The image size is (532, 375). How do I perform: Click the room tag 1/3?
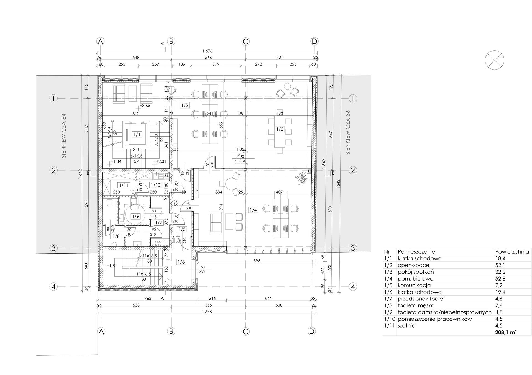(280, 129)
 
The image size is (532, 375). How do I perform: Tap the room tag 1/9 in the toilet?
(135, 216)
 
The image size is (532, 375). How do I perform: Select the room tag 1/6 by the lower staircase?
(181, 262)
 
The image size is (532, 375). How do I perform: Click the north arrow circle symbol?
(494, 60)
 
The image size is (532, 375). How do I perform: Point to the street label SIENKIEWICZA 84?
(64, 136)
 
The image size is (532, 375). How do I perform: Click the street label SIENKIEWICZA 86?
(348, 132)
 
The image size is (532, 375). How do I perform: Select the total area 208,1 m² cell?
(506, 332)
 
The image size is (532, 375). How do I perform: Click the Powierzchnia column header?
(512, 252)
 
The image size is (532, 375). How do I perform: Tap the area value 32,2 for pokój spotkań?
(500, 272)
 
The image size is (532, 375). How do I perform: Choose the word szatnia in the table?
(406, 326)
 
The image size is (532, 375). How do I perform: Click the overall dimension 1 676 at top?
(207, 51)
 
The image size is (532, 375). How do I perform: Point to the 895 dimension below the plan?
(257, 261)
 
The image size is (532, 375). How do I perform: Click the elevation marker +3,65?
(145, 106)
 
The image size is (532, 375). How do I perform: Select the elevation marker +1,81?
(112, 266)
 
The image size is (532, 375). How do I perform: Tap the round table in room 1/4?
(231, 184)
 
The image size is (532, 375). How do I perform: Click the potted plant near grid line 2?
(301, 178)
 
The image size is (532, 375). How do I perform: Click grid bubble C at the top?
(245, 42)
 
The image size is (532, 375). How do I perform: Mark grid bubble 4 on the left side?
(54, 287)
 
